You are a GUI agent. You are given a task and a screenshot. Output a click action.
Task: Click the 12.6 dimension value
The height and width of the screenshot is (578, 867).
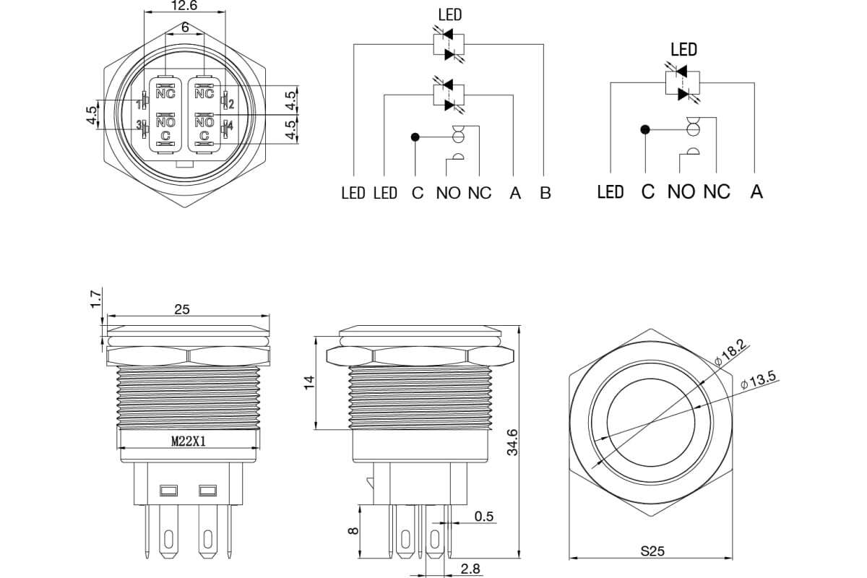[x=184, y=6]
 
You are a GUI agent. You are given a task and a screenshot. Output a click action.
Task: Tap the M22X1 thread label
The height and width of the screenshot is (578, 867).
[x=189, y=441]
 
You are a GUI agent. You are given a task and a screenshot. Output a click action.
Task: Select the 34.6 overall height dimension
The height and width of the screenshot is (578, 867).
[x=512, y=442]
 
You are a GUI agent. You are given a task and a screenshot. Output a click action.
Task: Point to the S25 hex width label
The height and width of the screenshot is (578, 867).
[x=652, y=551]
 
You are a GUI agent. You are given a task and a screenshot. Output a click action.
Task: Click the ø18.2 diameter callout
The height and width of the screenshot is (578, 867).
[x=730, y=353]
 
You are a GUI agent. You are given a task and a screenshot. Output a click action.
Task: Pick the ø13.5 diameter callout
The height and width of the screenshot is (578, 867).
[x=758, y=380]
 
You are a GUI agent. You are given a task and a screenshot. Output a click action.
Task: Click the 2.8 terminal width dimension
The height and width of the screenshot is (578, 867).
[x=470, y=569]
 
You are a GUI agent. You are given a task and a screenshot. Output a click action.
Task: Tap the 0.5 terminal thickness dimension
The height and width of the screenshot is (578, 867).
[x=484, y=517]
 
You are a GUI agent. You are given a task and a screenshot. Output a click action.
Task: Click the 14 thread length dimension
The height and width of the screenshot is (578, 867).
[x=309, y=383]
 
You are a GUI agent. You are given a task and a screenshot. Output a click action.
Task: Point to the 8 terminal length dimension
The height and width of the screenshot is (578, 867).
[x=353, y=531]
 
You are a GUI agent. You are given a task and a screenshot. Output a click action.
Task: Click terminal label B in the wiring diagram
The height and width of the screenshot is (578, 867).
[x=545, y=193]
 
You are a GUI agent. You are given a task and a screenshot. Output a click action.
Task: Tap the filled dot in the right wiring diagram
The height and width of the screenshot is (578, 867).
[x=644, y=130]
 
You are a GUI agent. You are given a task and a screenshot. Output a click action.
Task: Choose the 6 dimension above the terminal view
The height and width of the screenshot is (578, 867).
[x=185, y=27]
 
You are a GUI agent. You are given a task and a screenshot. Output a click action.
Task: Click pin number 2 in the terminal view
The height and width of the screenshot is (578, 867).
[x=231, y=104]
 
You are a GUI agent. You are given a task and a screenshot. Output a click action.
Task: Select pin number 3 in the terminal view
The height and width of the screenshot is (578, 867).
[x=138, y=125]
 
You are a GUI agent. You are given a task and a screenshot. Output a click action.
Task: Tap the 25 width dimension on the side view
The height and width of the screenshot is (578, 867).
[x=182, y=309]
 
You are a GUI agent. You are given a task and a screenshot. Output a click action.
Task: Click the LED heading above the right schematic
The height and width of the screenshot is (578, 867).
[x=684, y=50]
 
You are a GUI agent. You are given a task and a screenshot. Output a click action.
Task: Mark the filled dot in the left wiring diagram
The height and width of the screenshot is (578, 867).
[x=415, y=137]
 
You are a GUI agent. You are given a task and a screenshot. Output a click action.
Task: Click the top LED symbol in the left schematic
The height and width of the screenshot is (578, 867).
[x=449, y=44]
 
